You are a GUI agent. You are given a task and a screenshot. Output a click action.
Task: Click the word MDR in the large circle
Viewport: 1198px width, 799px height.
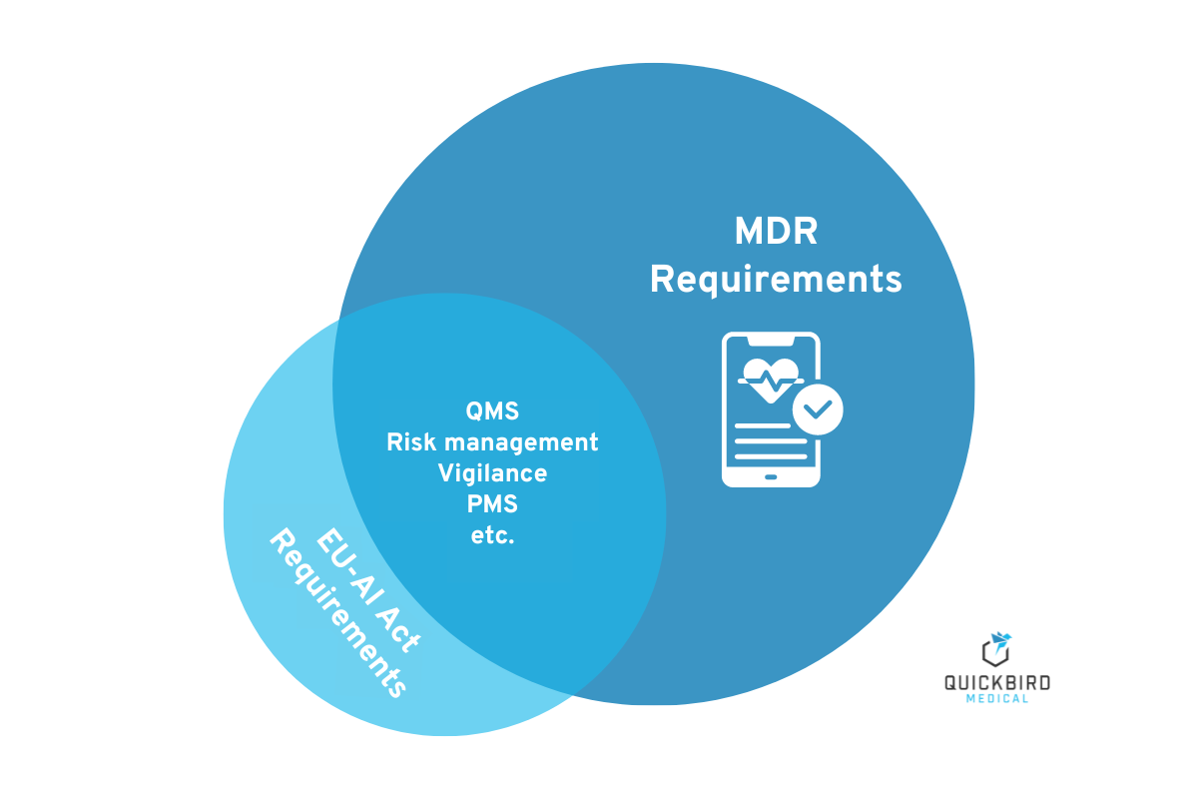776,232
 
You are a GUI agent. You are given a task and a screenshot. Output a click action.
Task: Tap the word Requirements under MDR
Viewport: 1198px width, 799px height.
776,280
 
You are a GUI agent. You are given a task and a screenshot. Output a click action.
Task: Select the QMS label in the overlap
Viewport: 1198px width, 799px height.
492,410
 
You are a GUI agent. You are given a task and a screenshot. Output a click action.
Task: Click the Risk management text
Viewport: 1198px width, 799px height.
492,441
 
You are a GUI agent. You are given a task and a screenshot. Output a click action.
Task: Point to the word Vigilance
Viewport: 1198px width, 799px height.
492,472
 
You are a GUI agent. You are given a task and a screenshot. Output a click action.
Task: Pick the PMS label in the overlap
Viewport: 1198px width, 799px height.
492,503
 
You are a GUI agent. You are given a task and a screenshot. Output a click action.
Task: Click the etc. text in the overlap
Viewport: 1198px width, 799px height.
492,535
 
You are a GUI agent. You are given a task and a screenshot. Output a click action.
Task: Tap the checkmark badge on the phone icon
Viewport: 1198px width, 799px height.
818,408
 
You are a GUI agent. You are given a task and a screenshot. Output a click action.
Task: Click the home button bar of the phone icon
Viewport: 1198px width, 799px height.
771,476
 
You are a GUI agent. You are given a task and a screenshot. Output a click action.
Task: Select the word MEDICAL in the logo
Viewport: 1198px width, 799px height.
997,698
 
